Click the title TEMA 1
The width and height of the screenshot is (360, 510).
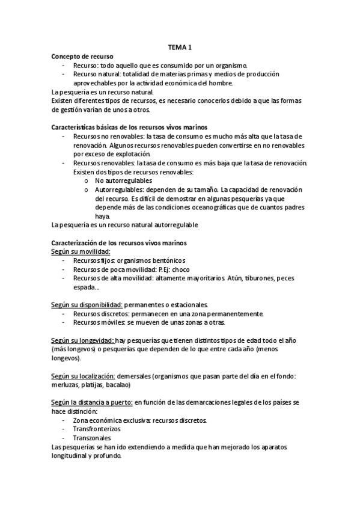pos(180,48)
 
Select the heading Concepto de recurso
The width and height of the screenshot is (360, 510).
pos(82,56)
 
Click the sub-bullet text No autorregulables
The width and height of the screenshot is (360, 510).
pos(124,180)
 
